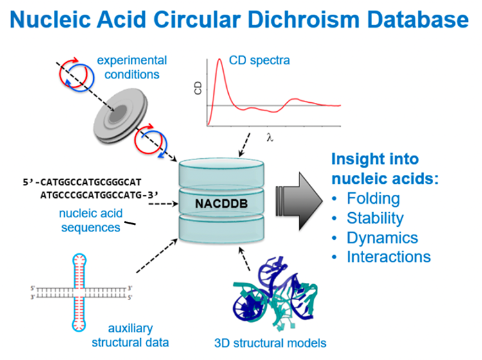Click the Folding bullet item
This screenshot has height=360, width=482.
pos(373,198)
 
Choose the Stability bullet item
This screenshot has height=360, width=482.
pos(375,218)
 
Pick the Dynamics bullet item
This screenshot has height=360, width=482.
pos(382,237)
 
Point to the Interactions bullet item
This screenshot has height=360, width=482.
pos(389,257)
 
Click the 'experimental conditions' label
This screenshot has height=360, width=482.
pos(132,66)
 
